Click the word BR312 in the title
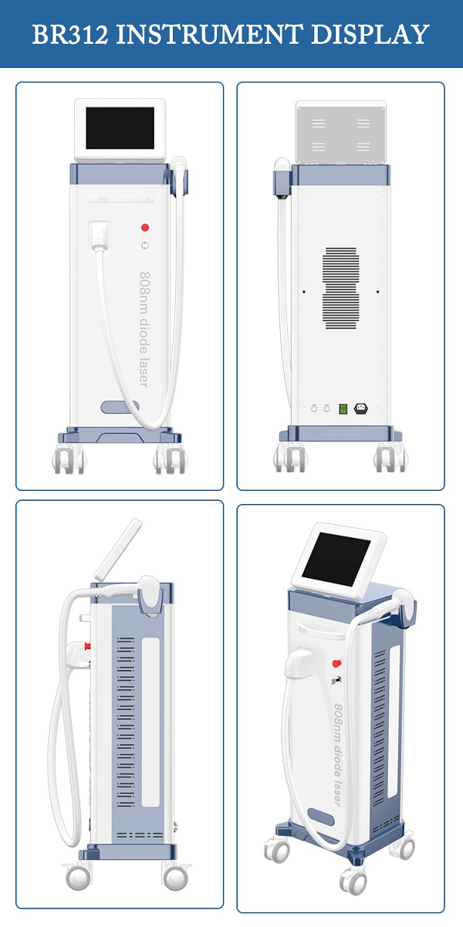pos(70,34)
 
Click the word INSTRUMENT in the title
pos(209,34)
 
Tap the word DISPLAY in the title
pos(370,34)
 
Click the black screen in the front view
pos(120,128)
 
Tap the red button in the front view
pos(145,227)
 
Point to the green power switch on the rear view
pos(343,409)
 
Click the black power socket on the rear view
pos(361,409)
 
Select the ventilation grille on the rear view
pos(340,288)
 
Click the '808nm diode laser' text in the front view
pos(144,329)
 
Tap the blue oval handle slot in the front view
pos(120,407)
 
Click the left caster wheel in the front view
pos(69,459)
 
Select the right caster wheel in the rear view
pos(390,458)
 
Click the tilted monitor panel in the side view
pos(118,549)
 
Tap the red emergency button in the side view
pos(87,646)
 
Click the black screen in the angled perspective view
pos(336,559)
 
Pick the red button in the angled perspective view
pos(336,663)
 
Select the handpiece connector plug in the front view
pos(100,235)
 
